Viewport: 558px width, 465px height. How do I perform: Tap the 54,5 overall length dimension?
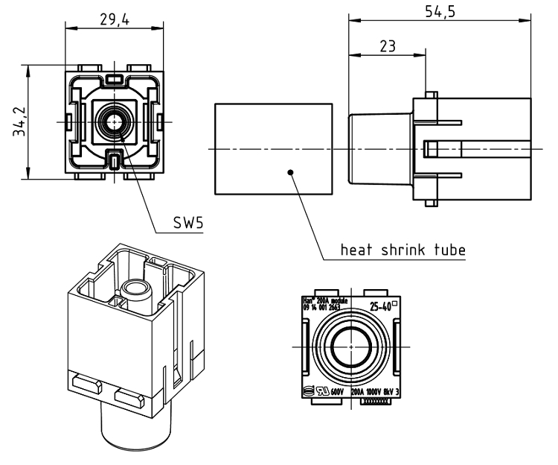[440, 12]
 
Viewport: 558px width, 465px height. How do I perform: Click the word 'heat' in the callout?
[353, 250]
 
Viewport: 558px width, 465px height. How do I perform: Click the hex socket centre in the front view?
[115, 121]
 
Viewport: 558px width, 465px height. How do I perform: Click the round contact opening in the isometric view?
[135, 288]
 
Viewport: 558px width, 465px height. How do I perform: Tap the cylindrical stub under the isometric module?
[134, 428]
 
